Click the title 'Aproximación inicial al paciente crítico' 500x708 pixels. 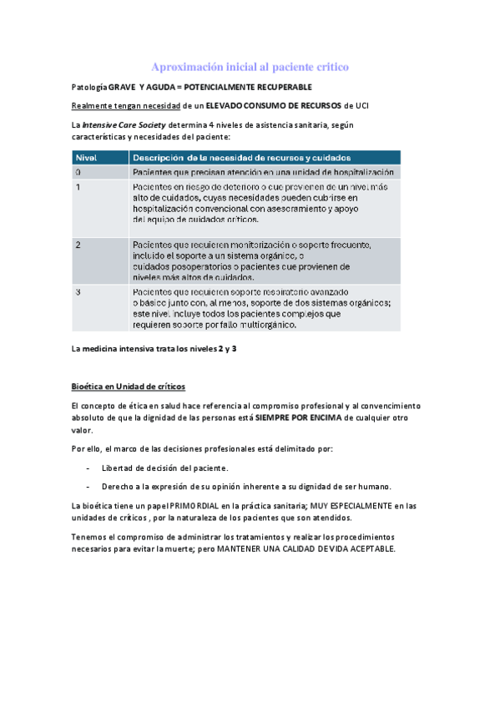250,66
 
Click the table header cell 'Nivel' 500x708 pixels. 87,157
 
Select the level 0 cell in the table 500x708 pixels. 79,172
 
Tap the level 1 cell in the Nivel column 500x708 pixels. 79,188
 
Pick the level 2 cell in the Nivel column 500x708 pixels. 79,245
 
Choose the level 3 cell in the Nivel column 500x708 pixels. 79,293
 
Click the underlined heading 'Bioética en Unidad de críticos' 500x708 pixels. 129,386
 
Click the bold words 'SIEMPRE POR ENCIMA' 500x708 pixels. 301,417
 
